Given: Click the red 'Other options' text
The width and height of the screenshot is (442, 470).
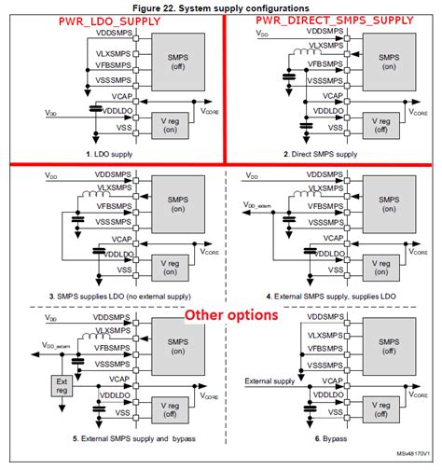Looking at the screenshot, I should (230, 315).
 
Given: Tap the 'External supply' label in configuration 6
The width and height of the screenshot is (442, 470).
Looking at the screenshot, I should (270, 380).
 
